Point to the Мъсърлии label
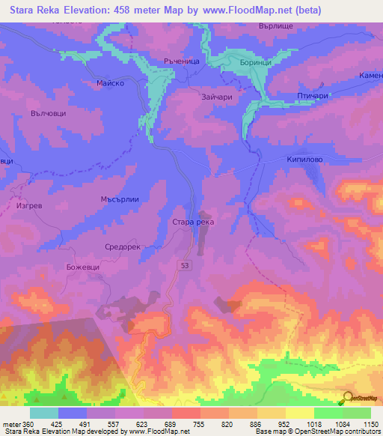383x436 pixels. [x=116, y=200]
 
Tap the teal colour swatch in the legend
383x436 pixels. [x=44, y=413]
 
